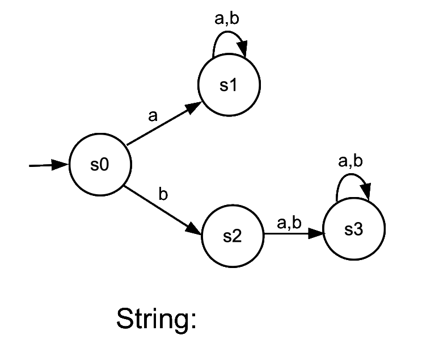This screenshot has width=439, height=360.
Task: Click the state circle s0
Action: tap(100, 165)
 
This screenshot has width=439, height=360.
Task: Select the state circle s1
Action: tap(229, 85)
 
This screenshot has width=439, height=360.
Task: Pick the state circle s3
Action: tap(354, 230)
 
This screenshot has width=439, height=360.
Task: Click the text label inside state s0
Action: tap(99, 165)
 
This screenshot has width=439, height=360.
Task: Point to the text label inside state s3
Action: tap(353, 230)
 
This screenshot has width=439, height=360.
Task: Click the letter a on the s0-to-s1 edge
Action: tap(152, 116)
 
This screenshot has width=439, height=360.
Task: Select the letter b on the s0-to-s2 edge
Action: tap(163, 195)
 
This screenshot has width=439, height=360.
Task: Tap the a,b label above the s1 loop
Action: tap(227, 19)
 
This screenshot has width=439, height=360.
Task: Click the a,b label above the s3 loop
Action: tap(350, 162)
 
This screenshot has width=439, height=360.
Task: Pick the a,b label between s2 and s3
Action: tap(289, 223)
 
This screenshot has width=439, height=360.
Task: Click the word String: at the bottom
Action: tap(157, 319)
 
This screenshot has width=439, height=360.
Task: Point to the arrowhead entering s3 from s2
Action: tap(316, 233)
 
